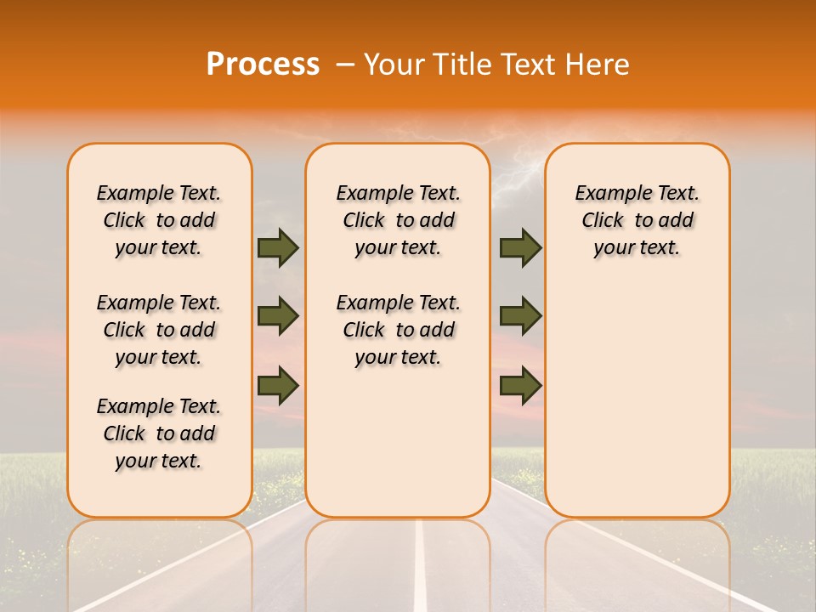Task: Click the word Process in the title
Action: coord(263,64)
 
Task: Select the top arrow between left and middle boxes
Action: coord(278,248)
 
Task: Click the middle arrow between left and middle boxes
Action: coord(278,316)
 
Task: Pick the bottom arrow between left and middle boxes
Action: coord(278,385)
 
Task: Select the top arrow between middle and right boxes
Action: coord(520,248)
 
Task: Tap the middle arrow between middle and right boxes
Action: coord(520,316)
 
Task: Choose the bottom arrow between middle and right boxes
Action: coord(520,385)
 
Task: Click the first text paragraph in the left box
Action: coord(159,220)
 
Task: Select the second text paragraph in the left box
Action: coord(159,330)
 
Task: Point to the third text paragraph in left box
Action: coord(159,433)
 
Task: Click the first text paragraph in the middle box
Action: coord(399,220)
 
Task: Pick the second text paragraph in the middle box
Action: coord(399,330)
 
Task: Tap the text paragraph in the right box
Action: coord(637,220)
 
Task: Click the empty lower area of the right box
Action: coord(637,408)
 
